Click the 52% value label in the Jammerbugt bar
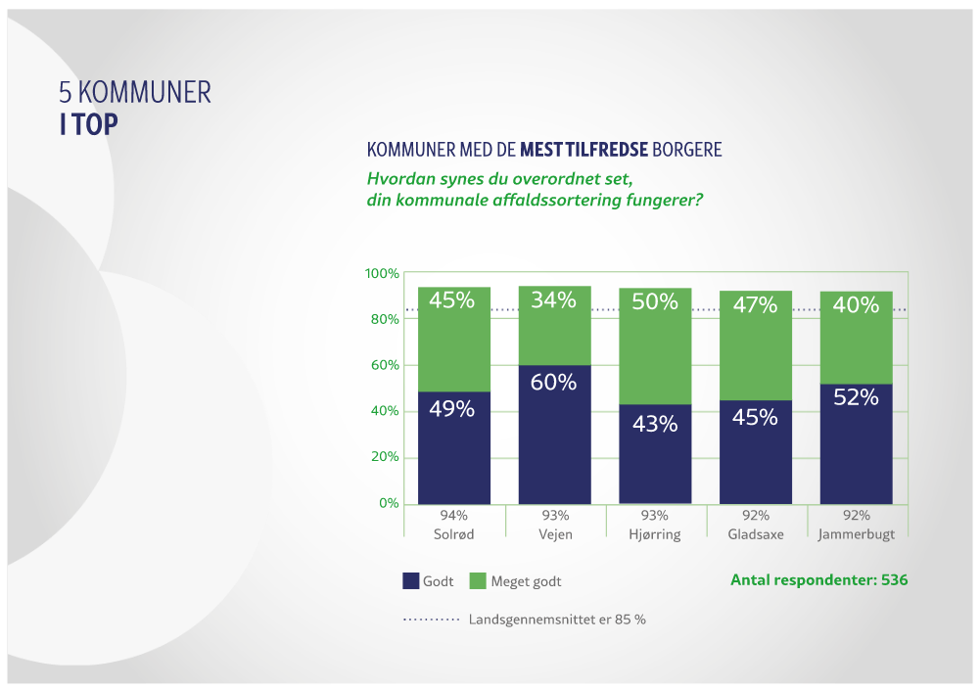856,397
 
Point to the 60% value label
554,383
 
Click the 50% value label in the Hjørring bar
655,301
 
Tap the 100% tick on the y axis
382,273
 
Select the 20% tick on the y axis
384,457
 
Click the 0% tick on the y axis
388,503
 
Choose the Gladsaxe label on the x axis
755,534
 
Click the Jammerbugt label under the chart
856,534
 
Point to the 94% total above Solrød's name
453,516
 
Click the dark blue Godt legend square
411,580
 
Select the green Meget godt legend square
478,580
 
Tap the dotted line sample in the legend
431,620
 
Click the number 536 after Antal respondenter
894,580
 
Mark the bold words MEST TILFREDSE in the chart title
583,150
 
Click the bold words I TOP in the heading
88,125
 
